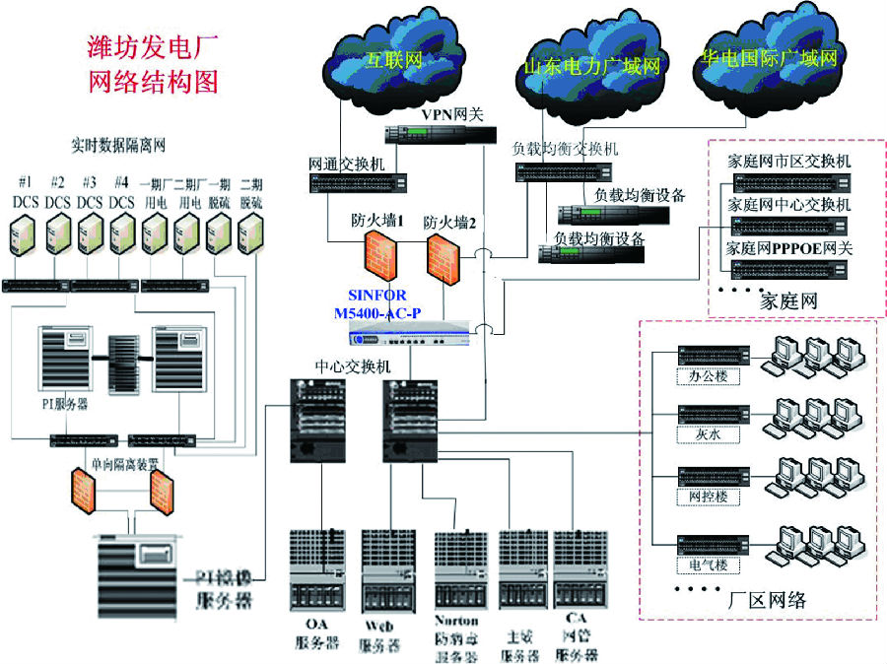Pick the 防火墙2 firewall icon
[x=444, y=257]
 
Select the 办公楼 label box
[x=708, y=377]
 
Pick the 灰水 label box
[x=708, y=433]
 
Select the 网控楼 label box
[x=708, y=498]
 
